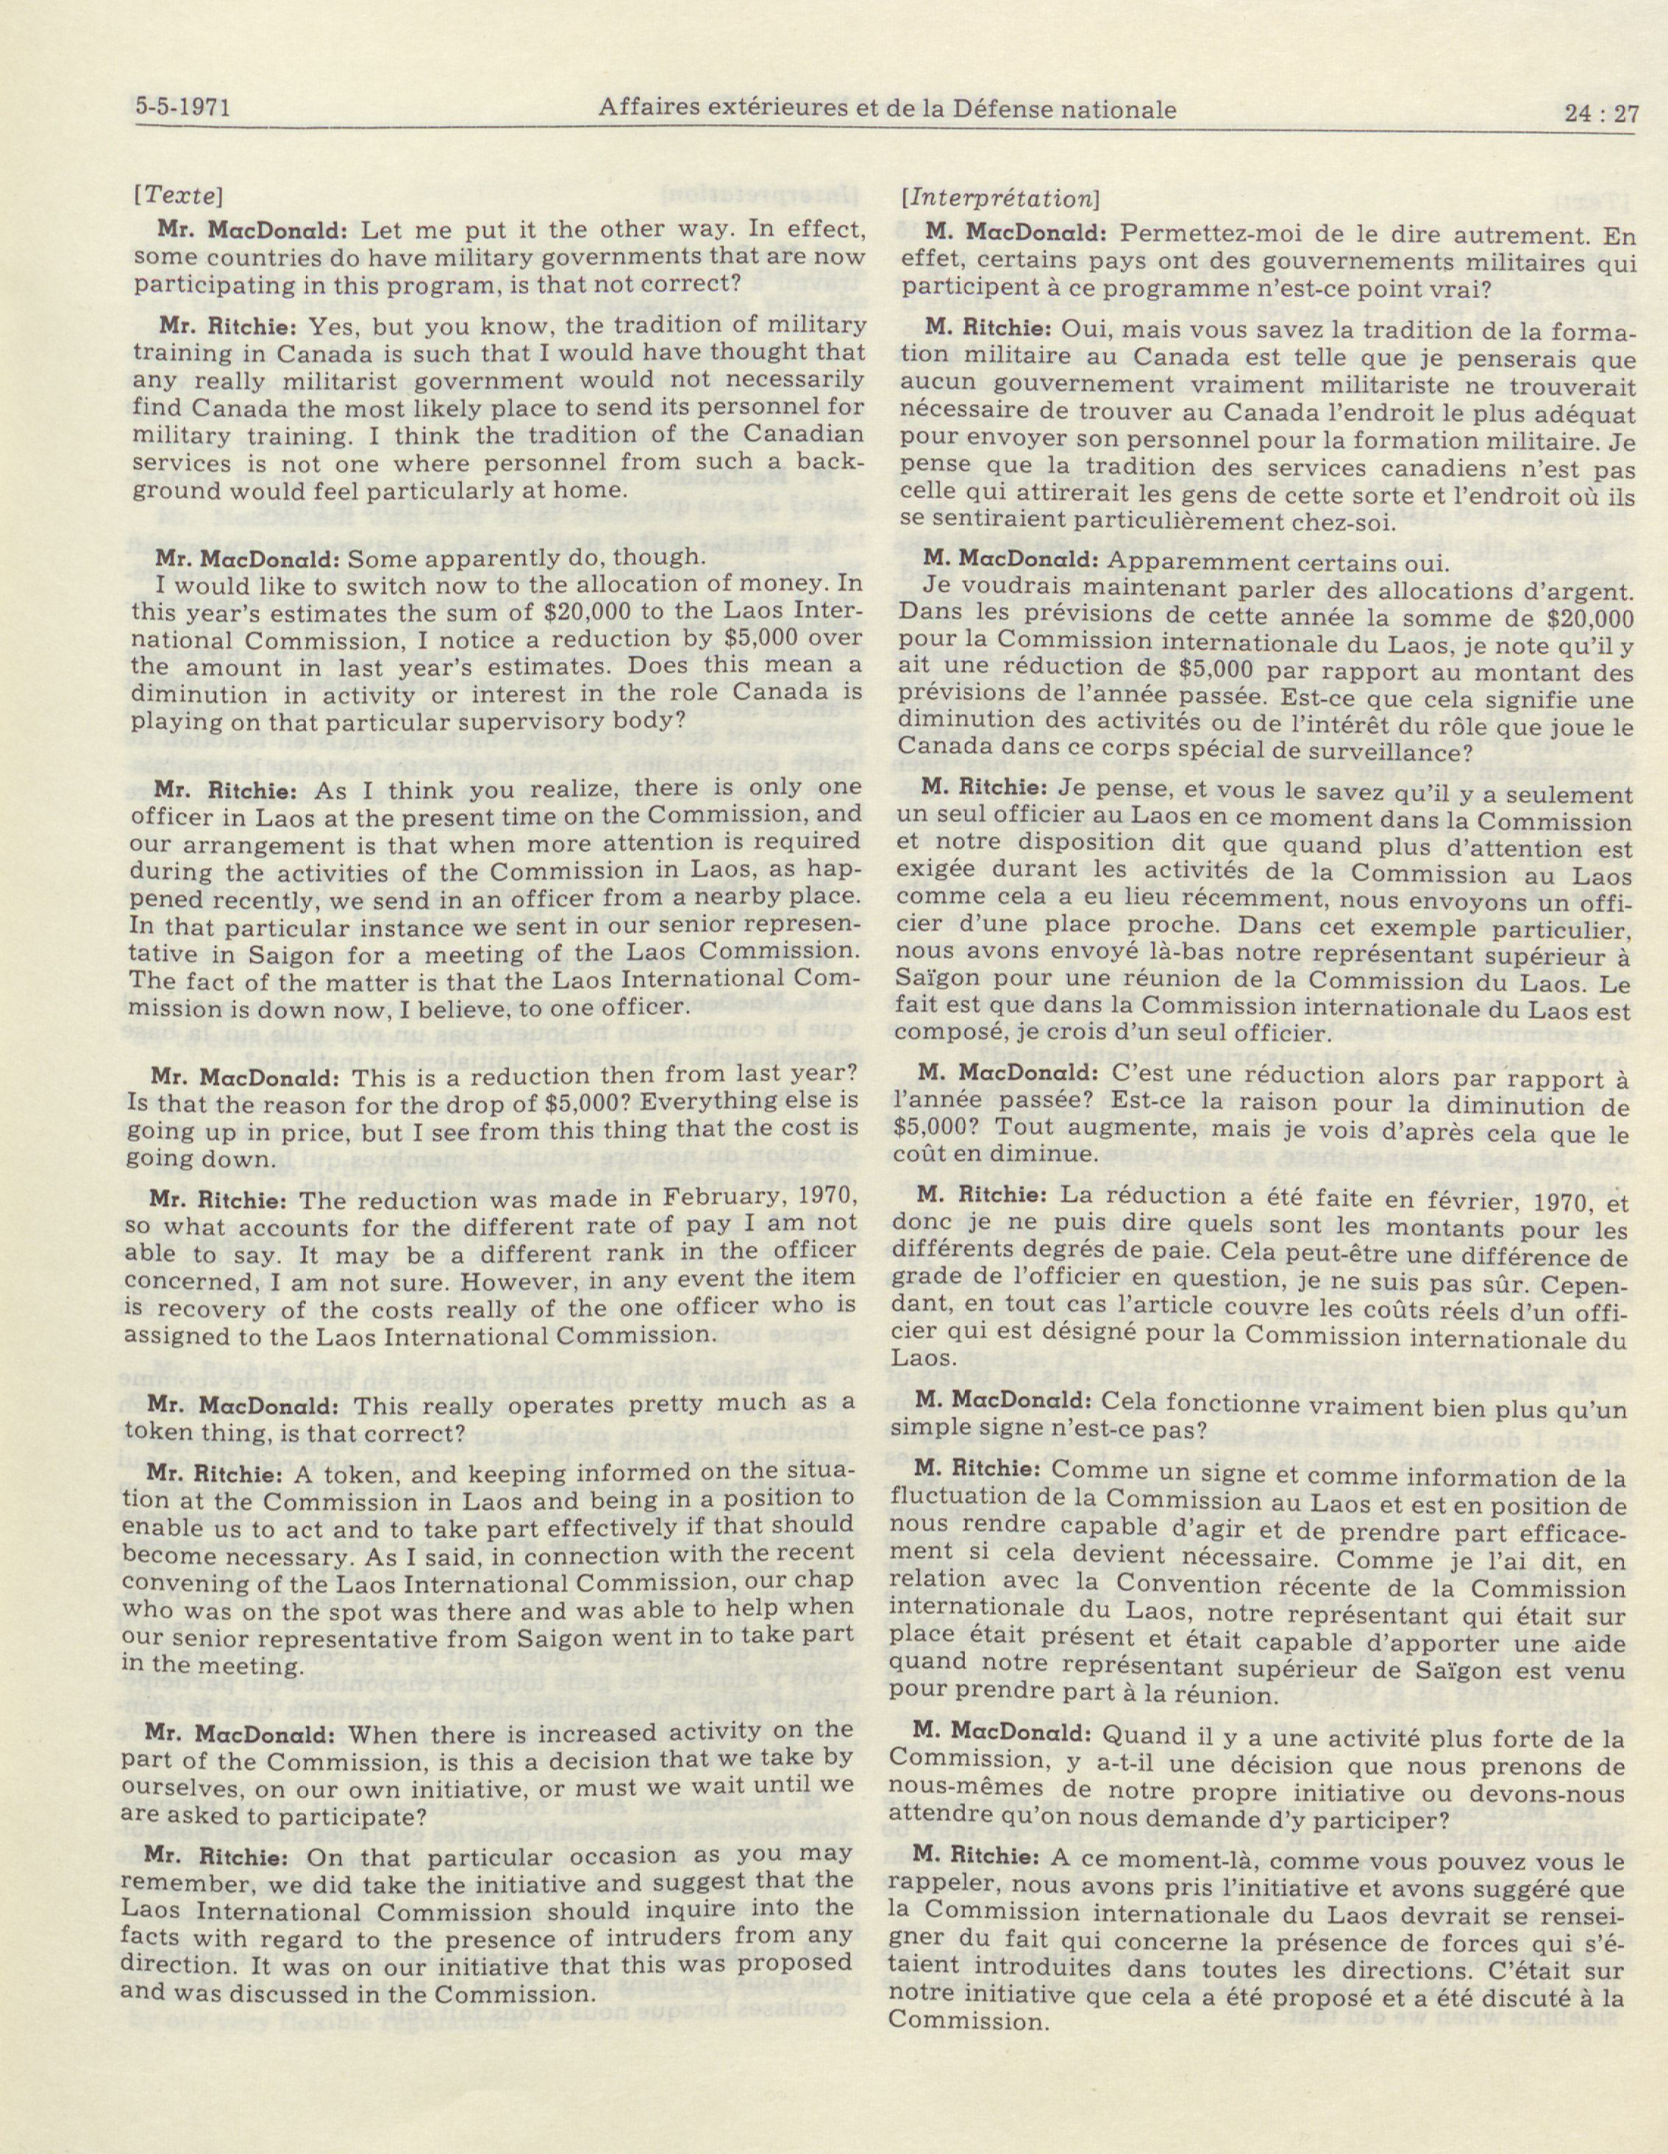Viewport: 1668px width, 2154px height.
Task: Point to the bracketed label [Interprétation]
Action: [x=998, y=197]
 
